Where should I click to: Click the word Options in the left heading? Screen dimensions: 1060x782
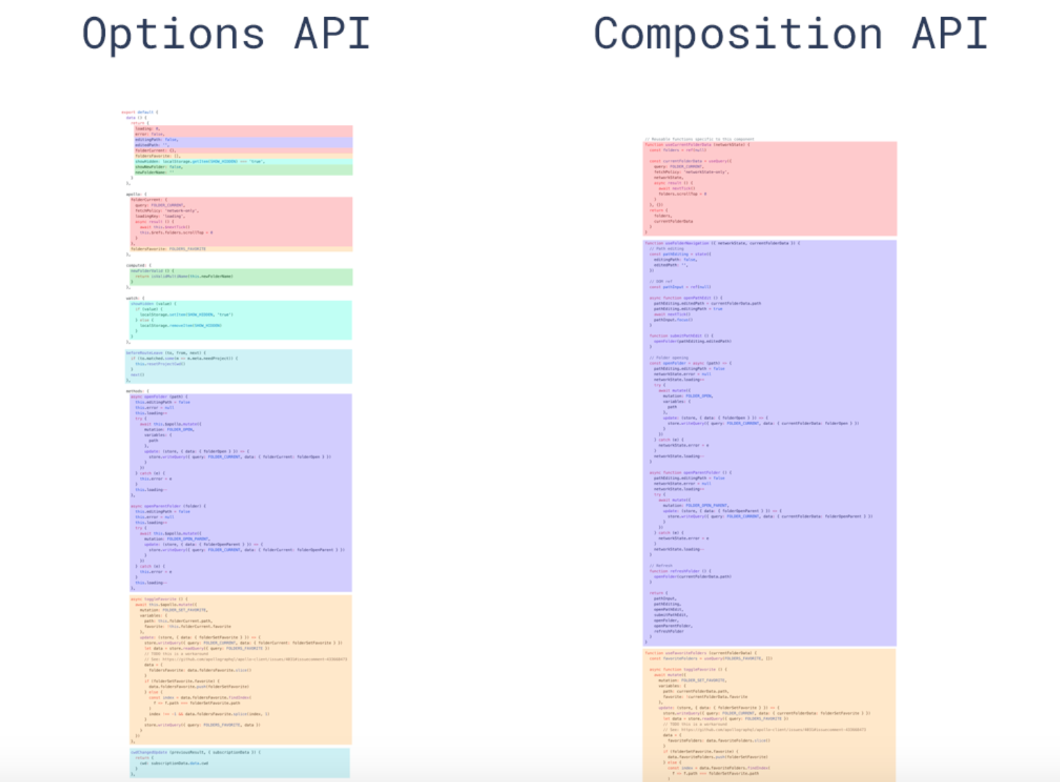pyautogui.click(x=173, y=34)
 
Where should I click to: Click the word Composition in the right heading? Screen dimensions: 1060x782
pyautogui.click(x=738, y=34)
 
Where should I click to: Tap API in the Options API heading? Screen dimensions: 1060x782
pyautogui.click(x=332, y=34)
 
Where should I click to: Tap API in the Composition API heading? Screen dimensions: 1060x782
pyautogui.click(x=950, y=34)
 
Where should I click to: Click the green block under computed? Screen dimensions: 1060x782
pyautogui.click(x=241, y=277)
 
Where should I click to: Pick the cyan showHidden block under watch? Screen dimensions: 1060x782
pyautogui.click(x=241, y=320)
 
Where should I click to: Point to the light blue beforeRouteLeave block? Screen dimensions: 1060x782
pyautogui.click(x=239, y=366)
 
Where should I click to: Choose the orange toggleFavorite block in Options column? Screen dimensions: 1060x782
pyautogui.click(x=241, y=670)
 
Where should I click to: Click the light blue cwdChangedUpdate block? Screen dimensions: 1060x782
pyautogui.click(x=240, y=762)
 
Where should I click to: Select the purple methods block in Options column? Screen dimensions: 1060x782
pyautogui.click(x=241, y=492)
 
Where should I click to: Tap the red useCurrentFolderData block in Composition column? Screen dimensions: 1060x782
pyautogui.click(x=770, y=189)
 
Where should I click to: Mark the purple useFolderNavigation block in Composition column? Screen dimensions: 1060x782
pyautogui.click(x=770, y=442)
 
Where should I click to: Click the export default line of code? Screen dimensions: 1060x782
pyautogui.click(x=139, y=112)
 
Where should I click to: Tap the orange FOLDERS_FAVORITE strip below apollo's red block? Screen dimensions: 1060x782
pyautogui.click(x=241, y=249)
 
